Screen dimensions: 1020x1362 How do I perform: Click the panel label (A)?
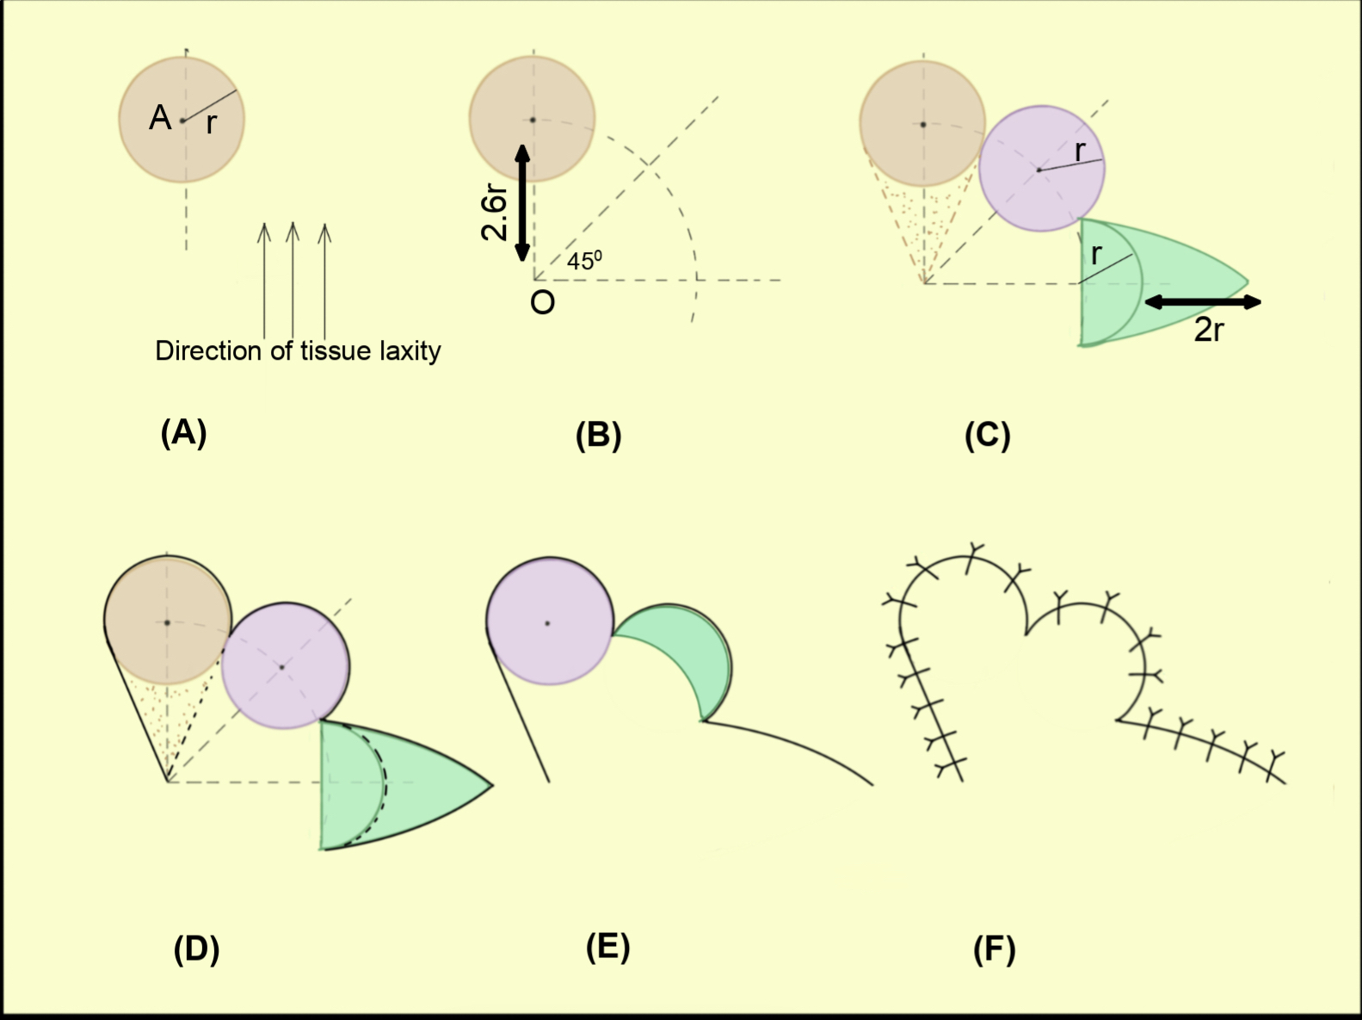(x=183, y=433)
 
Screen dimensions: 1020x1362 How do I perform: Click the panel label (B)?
(x=598, y=436)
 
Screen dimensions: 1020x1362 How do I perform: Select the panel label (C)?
(x=987, y=436)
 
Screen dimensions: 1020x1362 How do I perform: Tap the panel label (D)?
(x=196, y=949)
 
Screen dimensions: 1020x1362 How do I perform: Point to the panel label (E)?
(x=607, y=947)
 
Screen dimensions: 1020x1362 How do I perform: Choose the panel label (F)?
(x=994, y=950)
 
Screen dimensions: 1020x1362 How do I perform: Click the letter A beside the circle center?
(x=160, y=118)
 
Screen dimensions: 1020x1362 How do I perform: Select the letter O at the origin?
(x=543, y=303)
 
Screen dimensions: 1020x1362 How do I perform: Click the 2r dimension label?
(x=1208, y=330)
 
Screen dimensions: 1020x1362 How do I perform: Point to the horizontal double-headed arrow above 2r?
(x=1203, y=301)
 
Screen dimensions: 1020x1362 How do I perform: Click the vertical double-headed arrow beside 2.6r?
(x=522, y=203)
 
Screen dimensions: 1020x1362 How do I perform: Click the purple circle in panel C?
(x=1041, y=169)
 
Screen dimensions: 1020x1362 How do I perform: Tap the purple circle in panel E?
(x=549, y=621)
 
